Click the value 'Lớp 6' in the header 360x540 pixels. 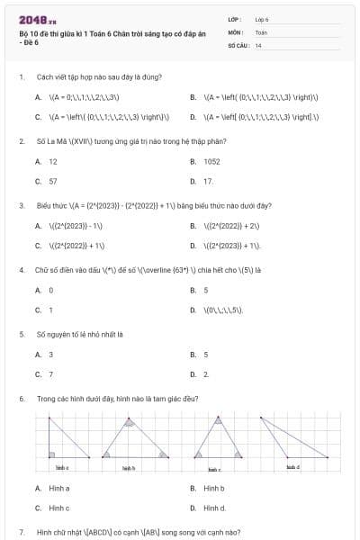[262, 19]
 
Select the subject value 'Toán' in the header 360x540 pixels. [261, 31]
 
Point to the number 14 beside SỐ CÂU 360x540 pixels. [258, 44]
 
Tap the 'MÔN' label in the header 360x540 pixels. [236, 31]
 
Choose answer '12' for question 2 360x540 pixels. [53, 161]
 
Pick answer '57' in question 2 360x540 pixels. [53, 181]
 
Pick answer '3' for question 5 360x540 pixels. [50, 354]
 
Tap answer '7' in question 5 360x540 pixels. [50, 373]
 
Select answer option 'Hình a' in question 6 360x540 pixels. [58, 488]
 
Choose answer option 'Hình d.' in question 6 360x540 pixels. [215, 508]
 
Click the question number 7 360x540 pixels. [21, 532]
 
